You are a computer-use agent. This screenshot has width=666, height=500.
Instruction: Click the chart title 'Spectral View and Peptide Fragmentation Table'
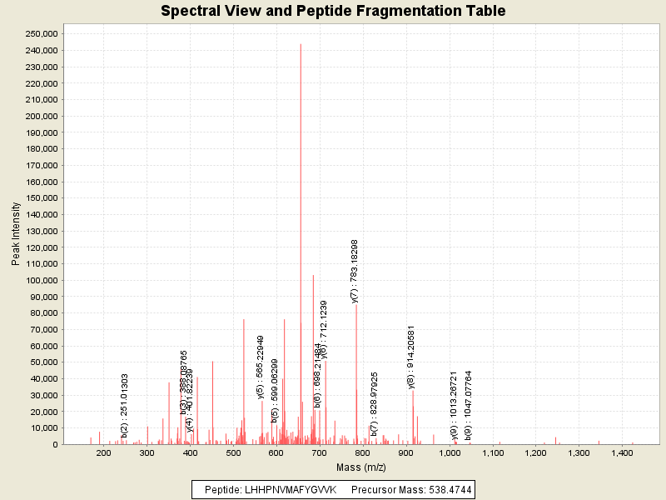[x=333, y=11]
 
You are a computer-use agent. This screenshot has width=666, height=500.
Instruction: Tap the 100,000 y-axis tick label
[x=42, y=280]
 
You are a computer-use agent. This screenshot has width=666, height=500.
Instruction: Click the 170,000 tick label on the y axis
[x=42, y=165]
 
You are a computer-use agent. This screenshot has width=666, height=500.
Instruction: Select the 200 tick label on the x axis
[x=104, y=453]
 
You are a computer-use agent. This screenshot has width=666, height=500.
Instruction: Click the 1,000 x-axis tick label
[x=450, y=453]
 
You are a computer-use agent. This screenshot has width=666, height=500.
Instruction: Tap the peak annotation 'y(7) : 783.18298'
[x=355, y=271]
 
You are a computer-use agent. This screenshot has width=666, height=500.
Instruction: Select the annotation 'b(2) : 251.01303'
[x=125, y=405]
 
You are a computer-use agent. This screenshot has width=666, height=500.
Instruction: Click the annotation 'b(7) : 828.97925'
[x=375, y=403]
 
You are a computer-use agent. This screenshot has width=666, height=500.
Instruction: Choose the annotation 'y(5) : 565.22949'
[x=261, y=367]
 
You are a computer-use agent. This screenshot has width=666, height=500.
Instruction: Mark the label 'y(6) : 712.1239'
[x=324, y=329]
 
